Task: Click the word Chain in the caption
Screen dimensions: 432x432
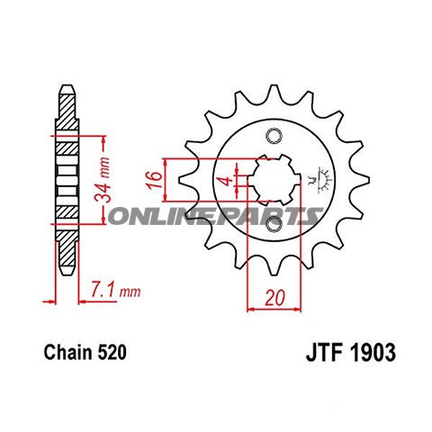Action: coord(65,355)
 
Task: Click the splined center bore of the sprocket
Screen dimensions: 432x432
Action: coord(270,183)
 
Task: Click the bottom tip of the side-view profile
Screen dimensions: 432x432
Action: coord(66,274)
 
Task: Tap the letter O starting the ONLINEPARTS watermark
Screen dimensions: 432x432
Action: coord(116,216)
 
